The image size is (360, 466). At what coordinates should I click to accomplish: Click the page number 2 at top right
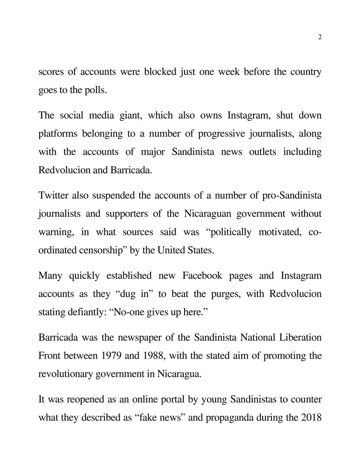click(320, 37)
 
